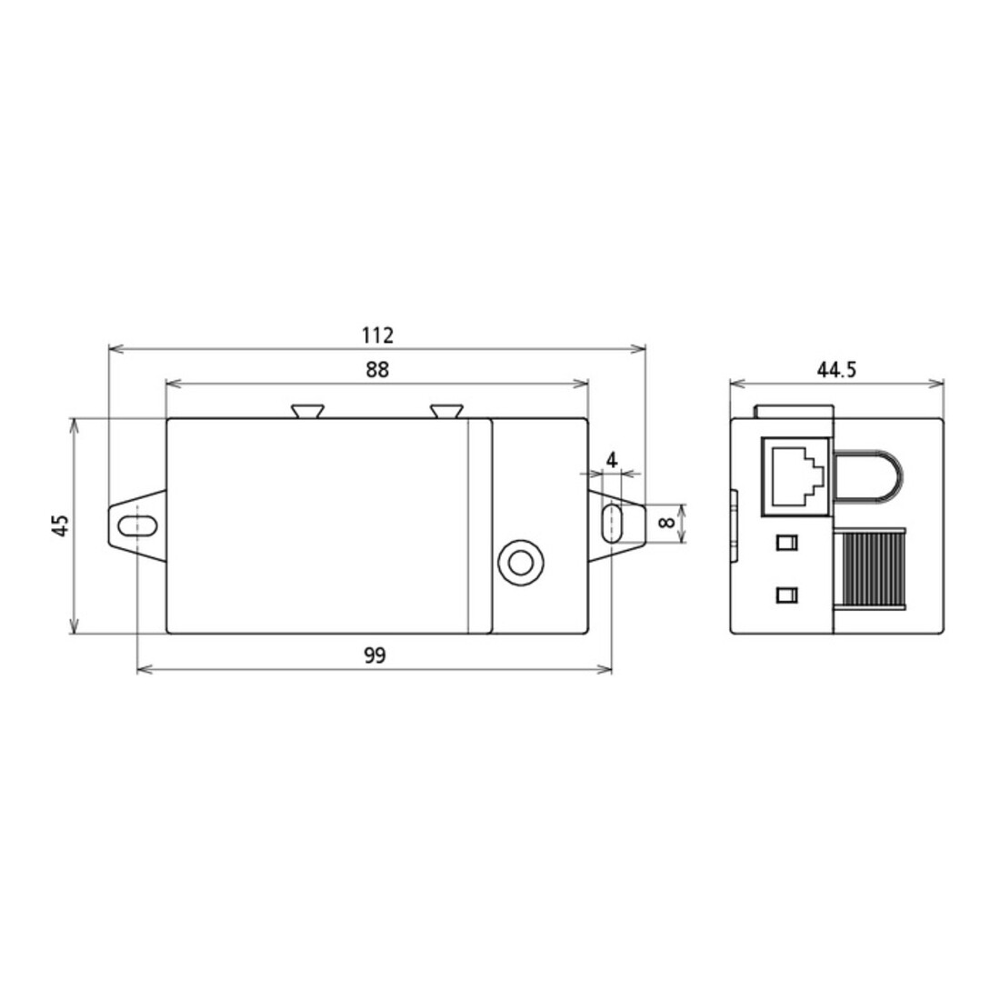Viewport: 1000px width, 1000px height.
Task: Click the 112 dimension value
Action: [x=377, y=335]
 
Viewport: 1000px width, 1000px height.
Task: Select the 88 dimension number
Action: [x=377, y=369]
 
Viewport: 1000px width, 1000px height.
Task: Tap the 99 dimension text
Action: [x=375, y=655]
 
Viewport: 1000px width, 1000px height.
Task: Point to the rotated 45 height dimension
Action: [x=60, y=525]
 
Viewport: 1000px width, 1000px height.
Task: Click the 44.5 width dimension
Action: [x=836, y=369]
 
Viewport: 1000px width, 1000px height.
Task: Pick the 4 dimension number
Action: [x=612, y=460]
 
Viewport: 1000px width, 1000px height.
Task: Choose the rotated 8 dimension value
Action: [x=665, y=523]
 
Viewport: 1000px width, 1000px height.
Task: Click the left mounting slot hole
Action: [x=138, y=526]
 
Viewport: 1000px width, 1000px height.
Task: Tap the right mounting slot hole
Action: [x=612, y=524]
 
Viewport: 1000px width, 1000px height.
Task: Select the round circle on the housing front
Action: [x=520, y=563]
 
